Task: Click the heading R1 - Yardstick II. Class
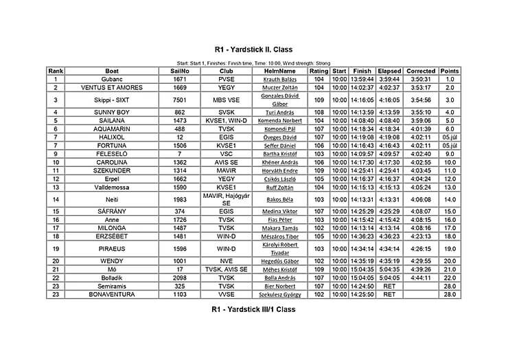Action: (x=253, y=50)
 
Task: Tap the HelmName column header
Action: (x=279, y=71)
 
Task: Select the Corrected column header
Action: (x=421, y=71)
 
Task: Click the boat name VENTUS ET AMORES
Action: (x=112, y=88)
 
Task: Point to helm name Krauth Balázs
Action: (x=279, y=80)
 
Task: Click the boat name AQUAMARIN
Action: (x=112, y=128)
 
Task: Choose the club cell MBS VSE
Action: (x=227, y=100)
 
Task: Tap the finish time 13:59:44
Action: (x=362, y=80)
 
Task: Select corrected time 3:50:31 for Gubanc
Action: (x=421, y=80)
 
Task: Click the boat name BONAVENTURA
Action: (x=112, y=294)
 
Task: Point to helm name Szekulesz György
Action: (x=279, y=294)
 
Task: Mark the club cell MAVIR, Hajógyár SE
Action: (x=227, y=199)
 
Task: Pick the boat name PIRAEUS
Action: (x=112, y=249)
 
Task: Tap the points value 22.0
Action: (x=450, y=278)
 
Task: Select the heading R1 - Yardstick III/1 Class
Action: (x=253, y=310)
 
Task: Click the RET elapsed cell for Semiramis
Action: (x=389, y=286)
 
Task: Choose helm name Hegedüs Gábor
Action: (x=279, y=261)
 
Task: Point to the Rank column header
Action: (x=56, y=71)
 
